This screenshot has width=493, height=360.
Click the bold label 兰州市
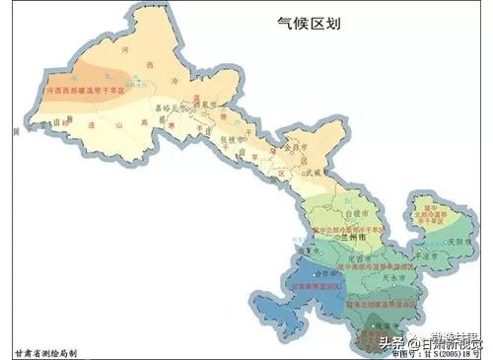[347, 238]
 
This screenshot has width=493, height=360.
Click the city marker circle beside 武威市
[299, 171]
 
